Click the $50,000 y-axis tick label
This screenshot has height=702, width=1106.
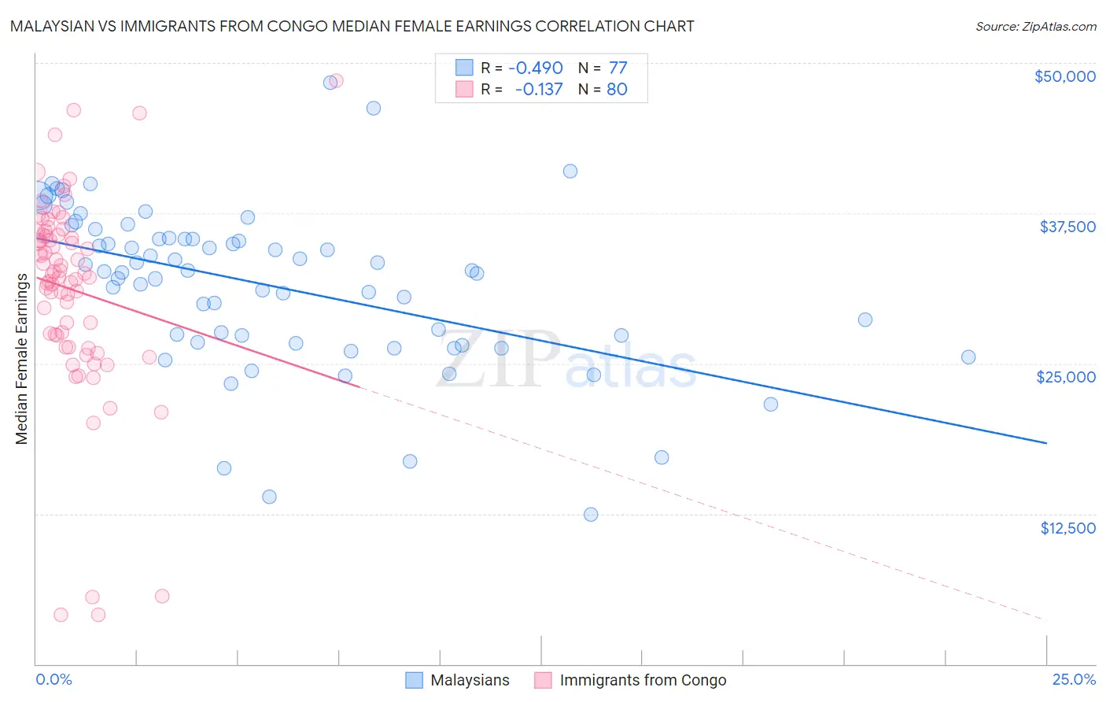[x=1064, y=76]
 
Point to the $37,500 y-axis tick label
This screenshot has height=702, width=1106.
[x=1067, y=227]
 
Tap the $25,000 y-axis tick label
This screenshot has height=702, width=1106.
[x=1066, y=377]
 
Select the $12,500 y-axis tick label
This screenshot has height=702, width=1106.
[x=1067, y=528]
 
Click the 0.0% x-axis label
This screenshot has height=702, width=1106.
[x=53, y=679]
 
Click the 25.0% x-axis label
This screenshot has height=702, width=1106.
[x=1074, y=679]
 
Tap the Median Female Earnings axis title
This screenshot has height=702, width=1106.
[x=22, y=359]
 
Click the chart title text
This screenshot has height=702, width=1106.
[x=352, y=26]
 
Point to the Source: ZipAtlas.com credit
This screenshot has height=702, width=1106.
[x=1035, y=27]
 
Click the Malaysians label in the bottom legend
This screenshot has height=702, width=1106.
[x=470, y=680]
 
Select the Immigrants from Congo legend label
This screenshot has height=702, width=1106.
[x=643, y=680]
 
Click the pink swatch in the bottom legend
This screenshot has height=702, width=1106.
[x=543, y=680]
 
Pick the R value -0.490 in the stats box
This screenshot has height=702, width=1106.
[x=535, y=68]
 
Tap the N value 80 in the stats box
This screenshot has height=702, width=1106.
[x=617, y=89]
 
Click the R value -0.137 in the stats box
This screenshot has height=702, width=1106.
[x=538, y=89]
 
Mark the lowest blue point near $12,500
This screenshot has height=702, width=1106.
[x=591, y=515]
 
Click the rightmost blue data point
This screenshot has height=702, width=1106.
[x=968, y=357]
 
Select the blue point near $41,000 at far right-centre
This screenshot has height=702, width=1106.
[x=570, y=172]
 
